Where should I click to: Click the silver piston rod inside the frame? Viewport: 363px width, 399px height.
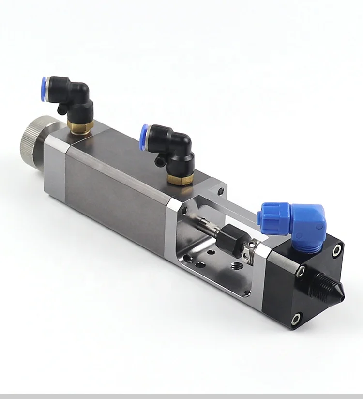(x=206, y=227)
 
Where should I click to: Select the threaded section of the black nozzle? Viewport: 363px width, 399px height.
(x=321, y=282)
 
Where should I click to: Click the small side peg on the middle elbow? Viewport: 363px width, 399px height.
(x=158, y=159)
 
